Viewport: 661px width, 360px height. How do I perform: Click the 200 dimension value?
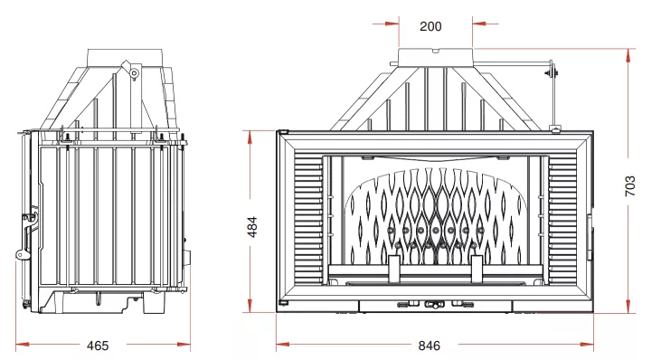[x=430, y=26]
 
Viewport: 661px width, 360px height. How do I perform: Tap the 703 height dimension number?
[x=629, y=186]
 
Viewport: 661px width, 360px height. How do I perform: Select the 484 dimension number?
[x=252, y=227]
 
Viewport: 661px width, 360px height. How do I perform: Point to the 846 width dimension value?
[x=430, y=346]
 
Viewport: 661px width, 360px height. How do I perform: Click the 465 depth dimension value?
[x=98, y=346]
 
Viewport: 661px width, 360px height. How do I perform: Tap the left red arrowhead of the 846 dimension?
[x=283, y=345]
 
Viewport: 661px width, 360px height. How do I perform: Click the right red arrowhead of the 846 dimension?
[x=587, y=345]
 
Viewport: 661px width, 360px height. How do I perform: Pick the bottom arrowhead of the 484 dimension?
[x=250, y=306]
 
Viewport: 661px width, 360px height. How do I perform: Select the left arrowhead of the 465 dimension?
[x=23, y=345]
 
